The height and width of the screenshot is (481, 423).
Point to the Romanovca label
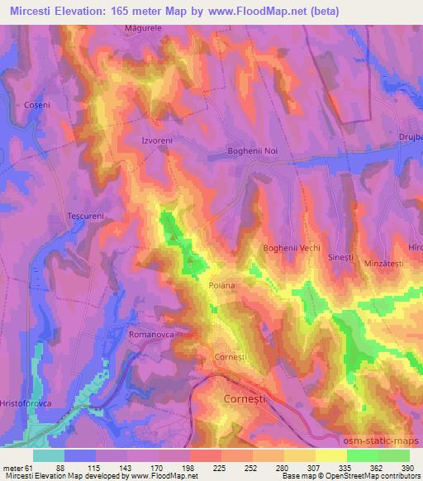(150, 335)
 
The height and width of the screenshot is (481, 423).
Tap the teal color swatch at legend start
(49, 455)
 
